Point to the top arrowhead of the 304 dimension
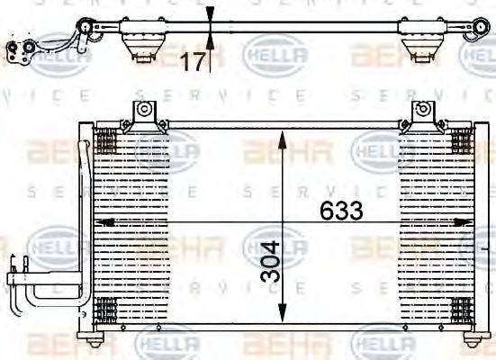(284, 136)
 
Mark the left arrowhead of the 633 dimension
(102, 221)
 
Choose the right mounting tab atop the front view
(420, 113)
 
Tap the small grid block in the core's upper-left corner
(105, 140)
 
